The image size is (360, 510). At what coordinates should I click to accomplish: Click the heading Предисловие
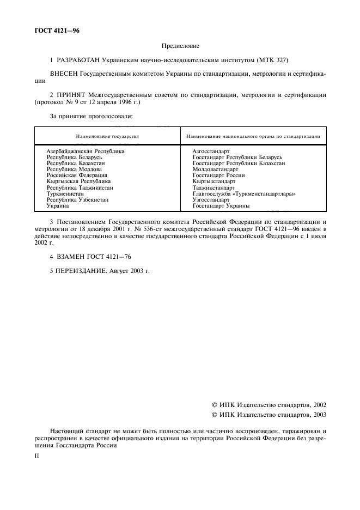coord(180,46)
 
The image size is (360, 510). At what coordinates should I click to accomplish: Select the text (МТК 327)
coord(272,59)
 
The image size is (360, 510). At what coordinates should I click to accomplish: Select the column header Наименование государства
coord(107,136)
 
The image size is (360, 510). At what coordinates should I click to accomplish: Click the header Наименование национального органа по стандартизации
coord(253,136)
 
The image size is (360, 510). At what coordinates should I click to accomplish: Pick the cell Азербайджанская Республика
coord(86,151)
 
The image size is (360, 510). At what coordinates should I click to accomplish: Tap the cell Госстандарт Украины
coord(221,206)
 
